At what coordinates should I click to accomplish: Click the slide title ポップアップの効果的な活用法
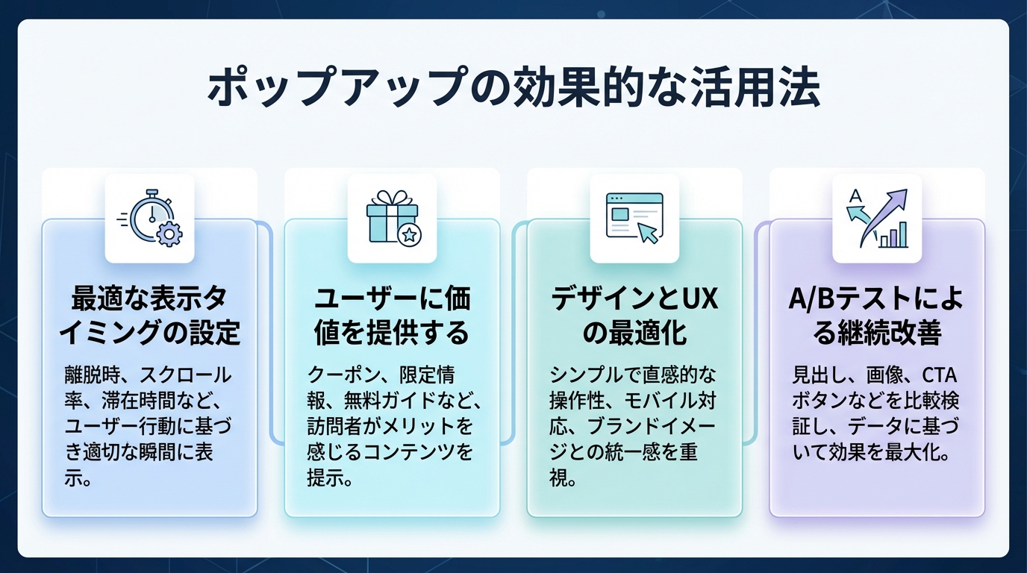[x=513, y=90]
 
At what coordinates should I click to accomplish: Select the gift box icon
[x=392, y=218]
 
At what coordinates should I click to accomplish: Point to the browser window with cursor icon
[x=634, y=218]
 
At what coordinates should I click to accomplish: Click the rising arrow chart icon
[x=877, y=218]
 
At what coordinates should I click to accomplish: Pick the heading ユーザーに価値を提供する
[x=392, y=316]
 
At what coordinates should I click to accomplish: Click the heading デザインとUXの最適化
[x=634, y=316]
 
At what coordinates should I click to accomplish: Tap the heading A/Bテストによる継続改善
[x=877, y=316]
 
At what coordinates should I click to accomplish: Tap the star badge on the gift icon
[x=409, y=236]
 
